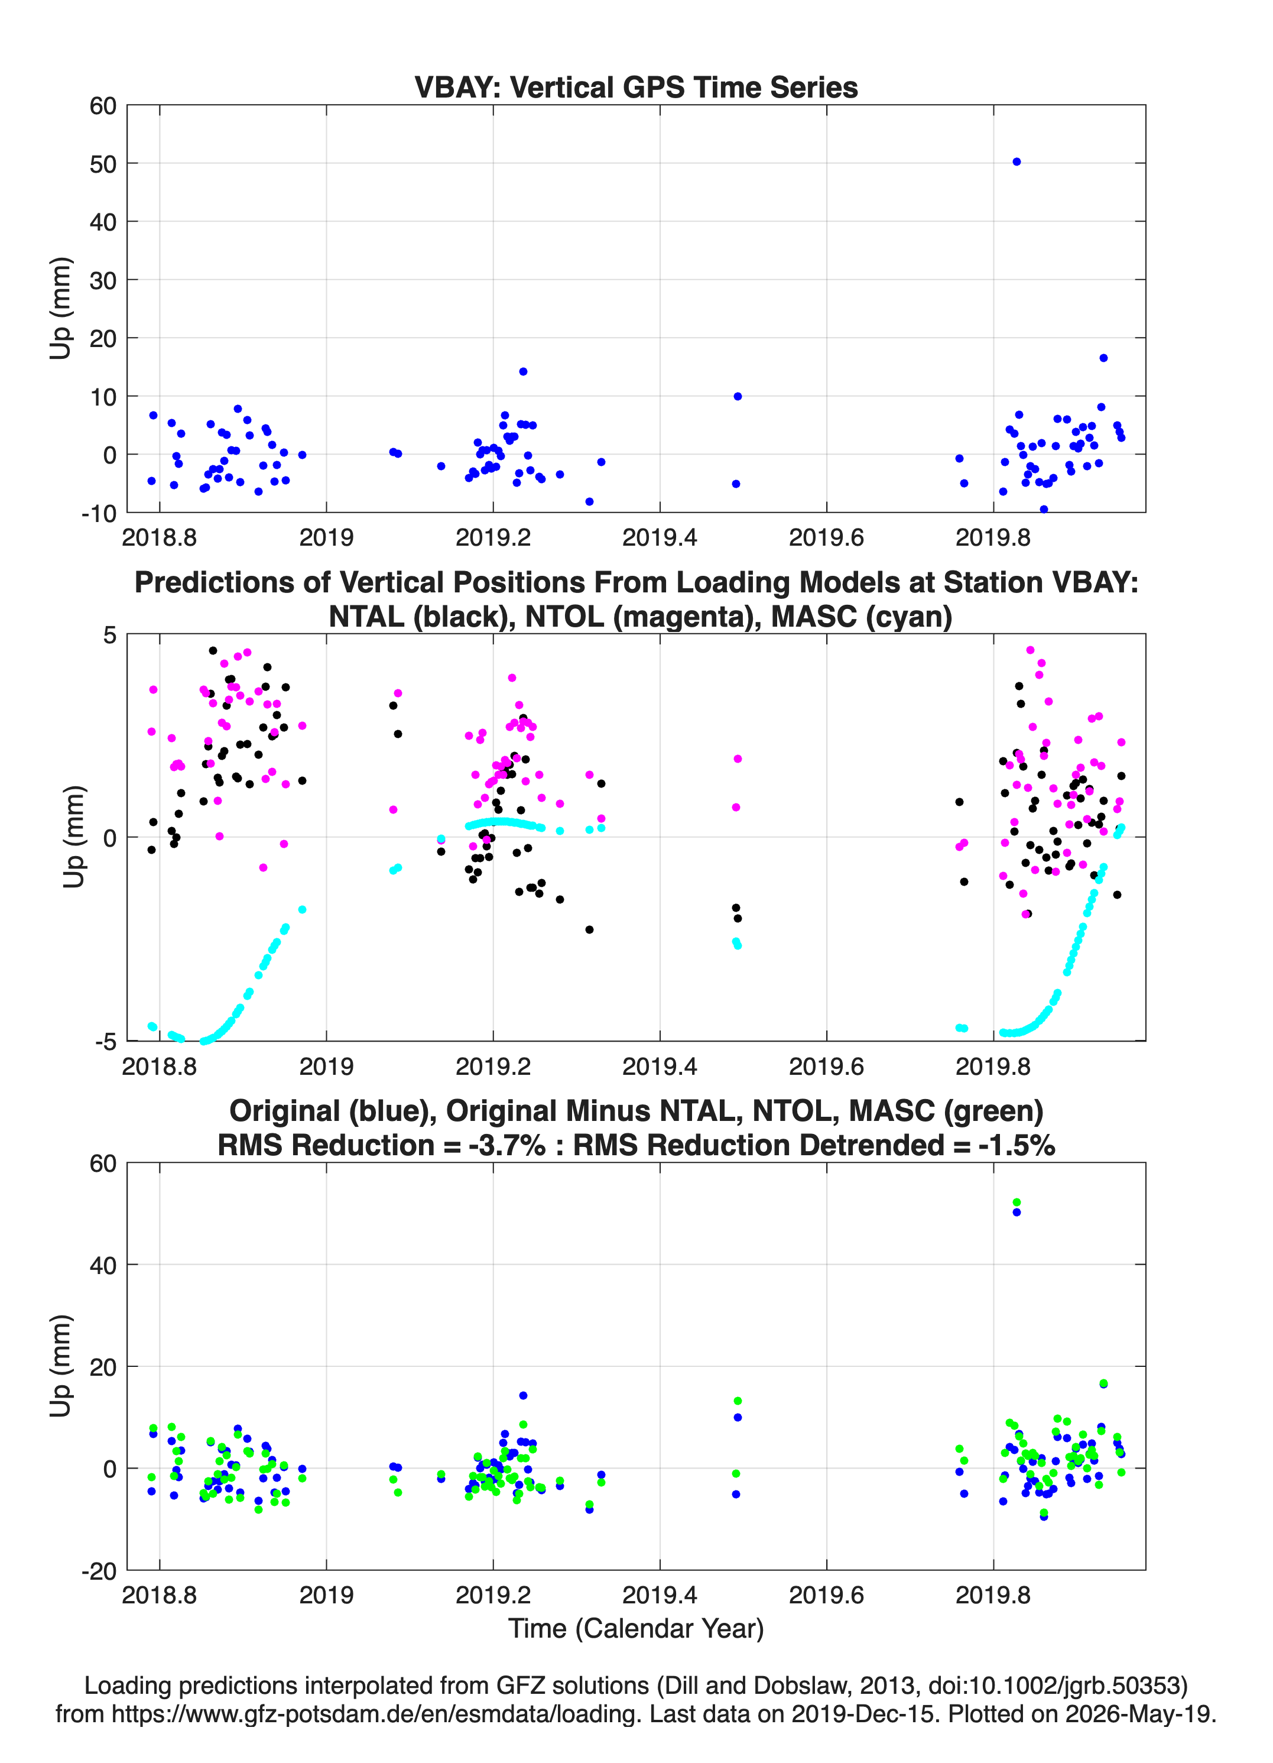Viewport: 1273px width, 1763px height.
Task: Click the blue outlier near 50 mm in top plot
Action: tap(1017, 161)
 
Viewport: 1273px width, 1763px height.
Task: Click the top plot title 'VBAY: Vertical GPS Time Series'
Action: tap(636, 87)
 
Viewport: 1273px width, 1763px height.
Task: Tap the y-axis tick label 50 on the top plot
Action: tap(103, 164)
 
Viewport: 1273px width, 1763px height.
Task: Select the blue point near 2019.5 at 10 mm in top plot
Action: tap(738, 397)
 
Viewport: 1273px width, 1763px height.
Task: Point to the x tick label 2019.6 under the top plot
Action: tap(826, 537)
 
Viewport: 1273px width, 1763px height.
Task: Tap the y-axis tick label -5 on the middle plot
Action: tap(106, 1042)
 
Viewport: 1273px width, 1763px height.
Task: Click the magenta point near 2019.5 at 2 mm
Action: tap(738, 759)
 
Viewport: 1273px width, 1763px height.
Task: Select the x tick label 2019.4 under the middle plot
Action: tap(660, 1067)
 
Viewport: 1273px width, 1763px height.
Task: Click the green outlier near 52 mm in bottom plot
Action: tap(1017, 1202)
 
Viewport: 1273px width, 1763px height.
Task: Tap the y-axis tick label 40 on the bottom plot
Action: tap(103, 1265)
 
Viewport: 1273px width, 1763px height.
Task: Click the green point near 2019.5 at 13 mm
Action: tap(738, 1401)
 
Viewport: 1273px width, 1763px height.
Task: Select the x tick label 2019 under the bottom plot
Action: tap(326, 1595)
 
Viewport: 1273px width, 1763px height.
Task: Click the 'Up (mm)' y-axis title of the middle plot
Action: tap(74, 837)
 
